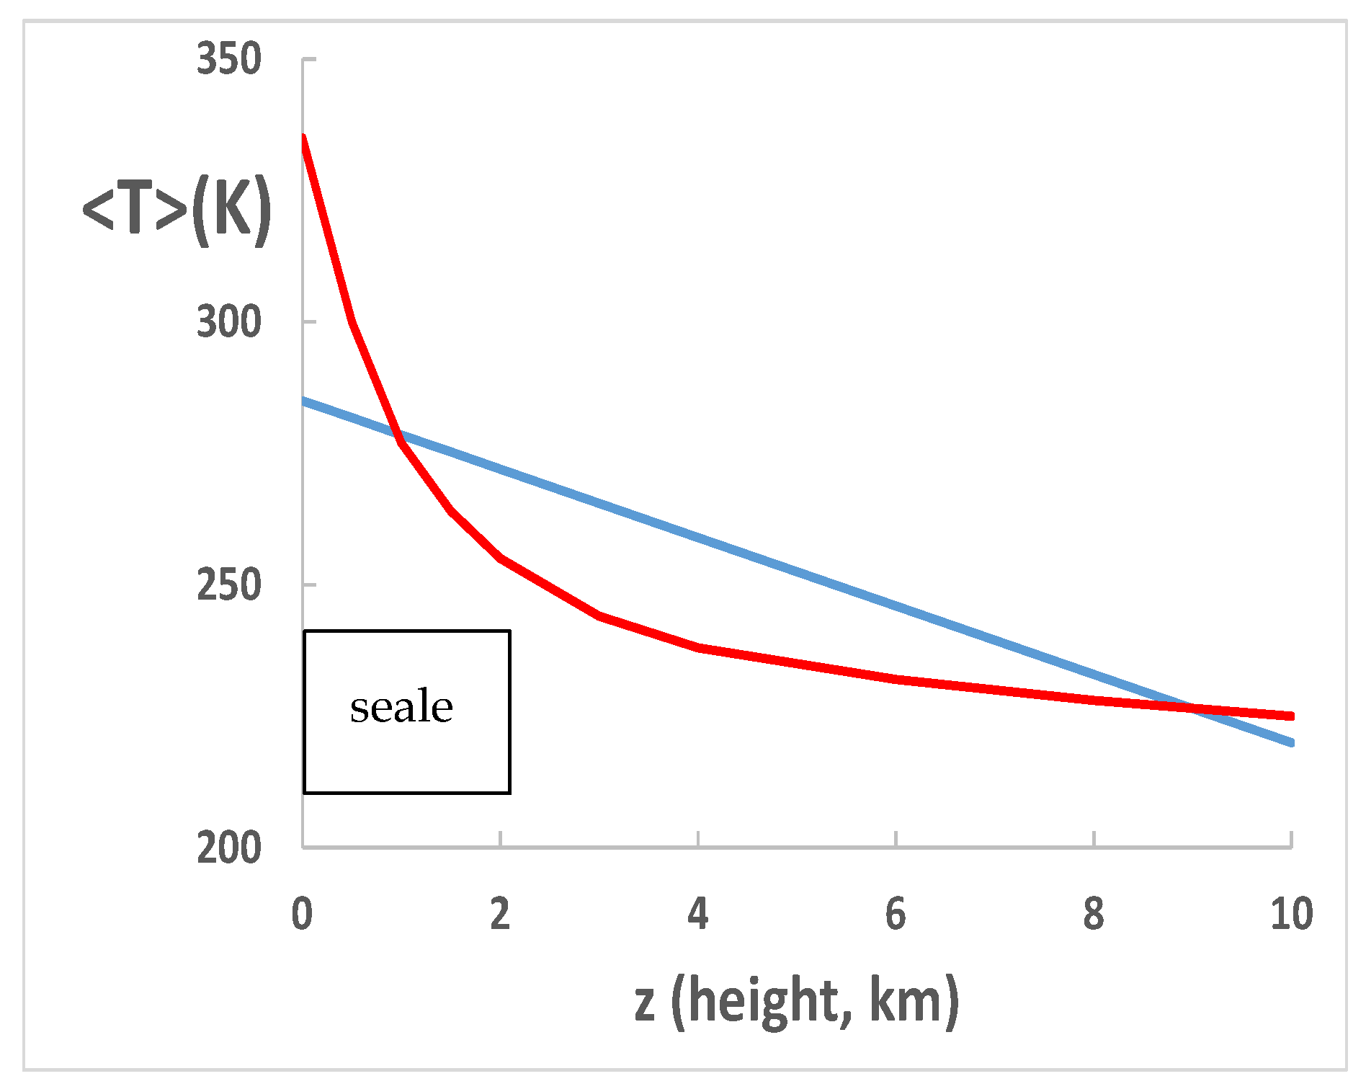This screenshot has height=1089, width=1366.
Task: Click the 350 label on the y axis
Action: point(228,59)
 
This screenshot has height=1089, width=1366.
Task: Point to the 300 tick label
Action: point(228,322)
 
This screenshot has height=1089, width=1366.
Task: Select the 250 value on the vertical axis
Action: point(228,585)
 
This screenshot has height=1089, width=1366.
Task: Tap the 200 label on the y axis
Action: point(228,848)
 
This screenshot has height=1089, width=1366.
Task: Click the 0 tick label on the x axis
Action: point(303,914)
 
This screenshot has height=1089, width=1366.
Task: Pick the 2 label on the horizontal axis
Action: point(500,914)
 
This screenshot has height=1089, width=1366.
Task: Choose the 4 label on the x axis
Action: point(698,914)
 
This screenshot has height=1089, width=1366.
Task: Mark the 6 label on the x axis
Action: point(896,914)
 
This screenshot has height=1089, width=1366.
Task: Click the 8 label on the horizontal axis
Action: point(1094,914)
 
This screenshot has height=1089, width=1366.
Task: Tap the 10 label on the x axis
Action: point(1291,914)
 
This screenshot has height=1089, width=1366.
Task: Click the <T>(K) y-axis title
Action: point(177,210)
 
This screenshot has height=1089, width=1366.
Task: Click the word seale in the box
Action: point(401,707)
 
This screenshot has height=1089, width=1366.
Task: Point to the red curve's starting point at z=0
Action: point(303,136)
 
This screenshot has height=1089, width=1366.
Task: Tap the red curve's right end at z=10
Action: point(1291,716)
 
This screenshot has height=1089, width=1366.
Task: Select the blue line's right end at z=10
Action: point(1291,742)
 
